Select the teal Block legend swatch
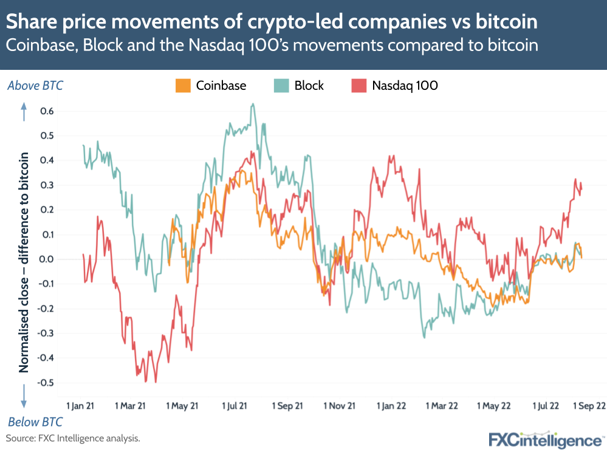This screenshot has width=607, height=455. coord(281,86)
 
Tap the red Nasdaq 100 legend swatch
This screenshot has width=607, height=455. coord(358,86)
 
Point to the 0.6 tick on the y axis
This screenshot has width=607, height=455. coord(47,111)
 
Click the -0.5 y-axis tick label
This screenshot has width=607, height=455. coord(46,383)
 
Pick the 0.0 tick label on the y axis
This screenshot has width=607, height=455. coord(47,259)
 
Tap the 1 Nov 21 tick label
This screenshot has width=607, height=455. coord(338,405)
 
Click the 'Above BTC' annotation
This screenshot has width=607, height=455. coord(35,86)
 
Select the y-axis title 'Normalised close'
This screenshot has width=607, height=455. coord(24,261)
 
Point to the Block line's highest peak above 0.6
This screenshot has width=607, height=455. coord(253,104)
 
